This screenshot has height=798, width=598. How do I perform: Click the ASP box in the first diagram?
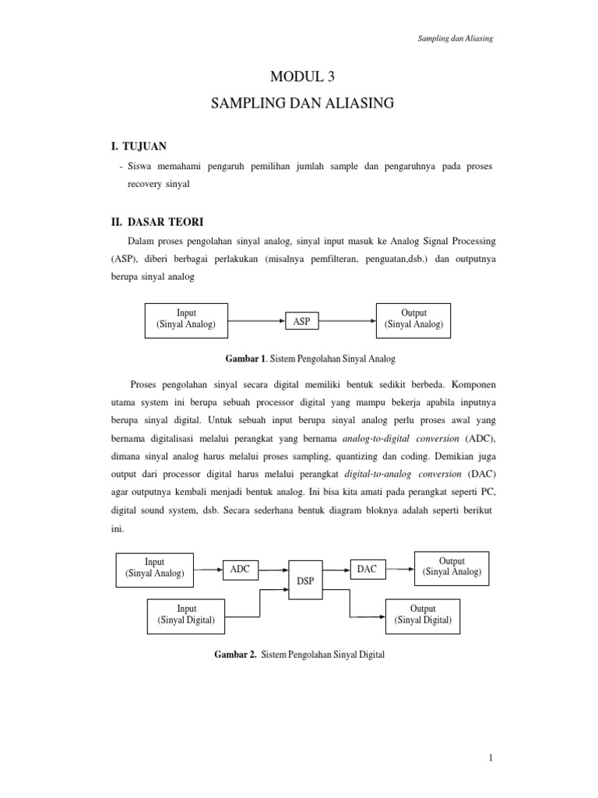tap(300, 321)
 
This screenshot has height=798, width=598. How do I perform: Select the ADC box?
tap(239, 570)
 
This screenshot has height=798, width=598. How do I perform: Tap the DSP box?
tap(304, 581)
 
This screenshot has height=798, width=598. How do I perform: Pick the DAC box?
tap(366, 570)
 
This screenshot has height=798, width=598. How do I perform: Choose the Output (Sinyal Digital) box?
tap(423, 614)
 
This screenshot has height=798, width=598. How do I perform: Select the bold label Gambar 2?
tap(235, 655)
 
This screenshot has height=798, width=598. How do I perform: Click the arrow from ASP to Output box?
tap(348, 320)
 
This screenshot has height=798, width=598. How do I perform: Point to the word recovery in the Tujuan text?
tap(144, 185)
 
